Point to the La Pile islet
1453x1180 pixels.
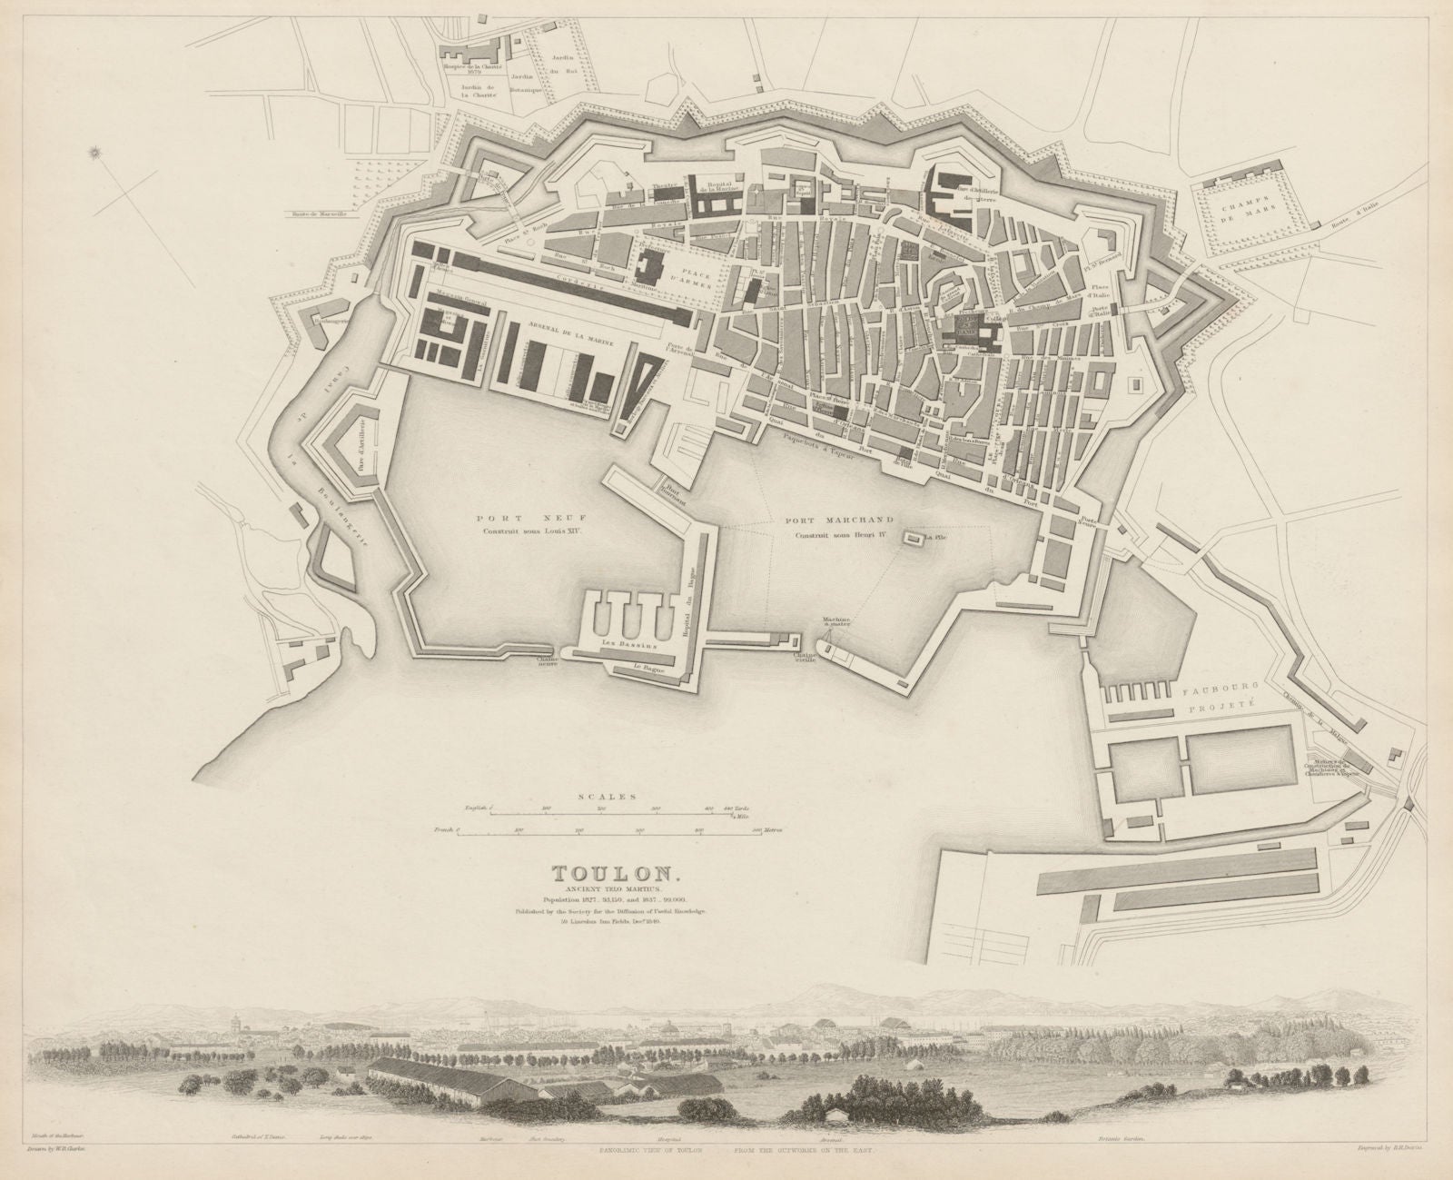[x=911, y=539]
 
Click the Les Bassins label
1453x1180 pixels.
[x=626, y=641]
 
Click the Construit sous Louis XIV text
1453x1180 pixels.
[x=499, y=528]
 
